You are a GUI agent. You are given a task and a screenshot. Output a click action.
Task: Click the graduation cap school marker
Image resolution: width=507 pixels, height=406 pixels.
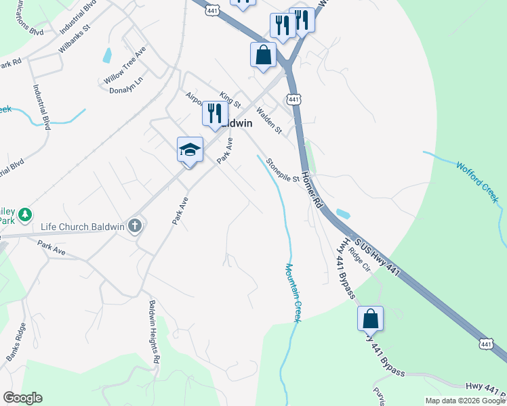(190, 150)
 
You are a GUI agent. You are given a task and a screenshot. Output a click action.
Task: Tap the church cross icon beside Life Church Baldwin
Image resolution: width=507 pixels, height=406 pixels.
(135, 226)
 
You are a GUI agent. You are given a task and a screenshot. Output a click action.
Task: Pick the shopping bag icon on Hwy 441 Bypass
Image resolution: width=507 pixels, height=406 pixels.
(371, 319)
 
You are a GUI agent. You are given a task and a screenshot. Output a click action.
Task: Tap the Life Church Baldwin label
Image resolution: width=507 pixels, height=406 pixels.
(83, 227)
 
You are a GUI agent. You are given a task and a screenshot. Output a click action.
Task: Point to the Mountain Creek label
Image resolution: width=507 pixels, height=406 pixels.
(292, 293)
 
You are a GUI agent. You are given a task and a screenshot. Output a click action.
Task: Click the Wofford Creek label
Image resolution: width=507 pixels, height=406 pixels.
(477, 181)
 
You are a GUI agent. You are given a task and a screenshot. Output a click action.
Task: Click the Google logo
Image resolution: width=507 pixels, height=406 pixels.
(22, 398)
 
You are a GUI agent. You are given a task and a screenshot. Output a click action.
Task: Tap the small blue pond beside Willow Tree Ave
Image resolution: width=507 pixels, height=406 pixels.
(106, 55)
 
